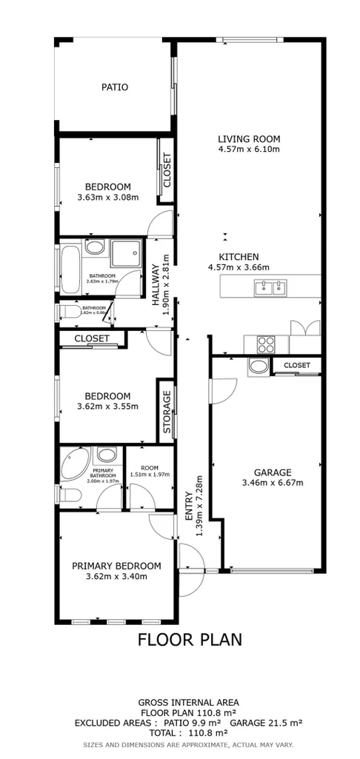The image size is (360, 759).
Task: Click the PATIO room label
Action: [115, 87]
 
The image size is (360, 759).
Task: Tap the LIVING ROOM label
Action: [248, 138]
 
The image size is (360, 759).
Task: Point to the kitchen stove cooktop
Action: [265, 344]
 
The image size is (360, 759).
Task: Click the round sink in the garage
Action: [259, 365]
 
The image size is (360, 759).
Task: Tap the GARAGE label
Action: [273, 472]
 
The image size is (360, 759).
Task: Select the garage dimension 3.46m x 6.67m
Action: [273, 483]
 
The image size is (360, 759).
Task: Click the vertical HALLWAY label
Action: [157, 285]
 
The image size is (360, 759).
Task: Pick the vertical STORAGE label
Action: [167, 412]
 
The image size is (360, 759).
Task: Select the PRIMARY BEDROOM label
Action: [116, 566]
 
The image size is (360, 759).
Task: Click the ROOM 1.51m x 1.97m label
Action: [150, 471]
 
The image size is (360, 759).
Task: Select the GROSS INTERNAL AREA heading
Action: [188, 701]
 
